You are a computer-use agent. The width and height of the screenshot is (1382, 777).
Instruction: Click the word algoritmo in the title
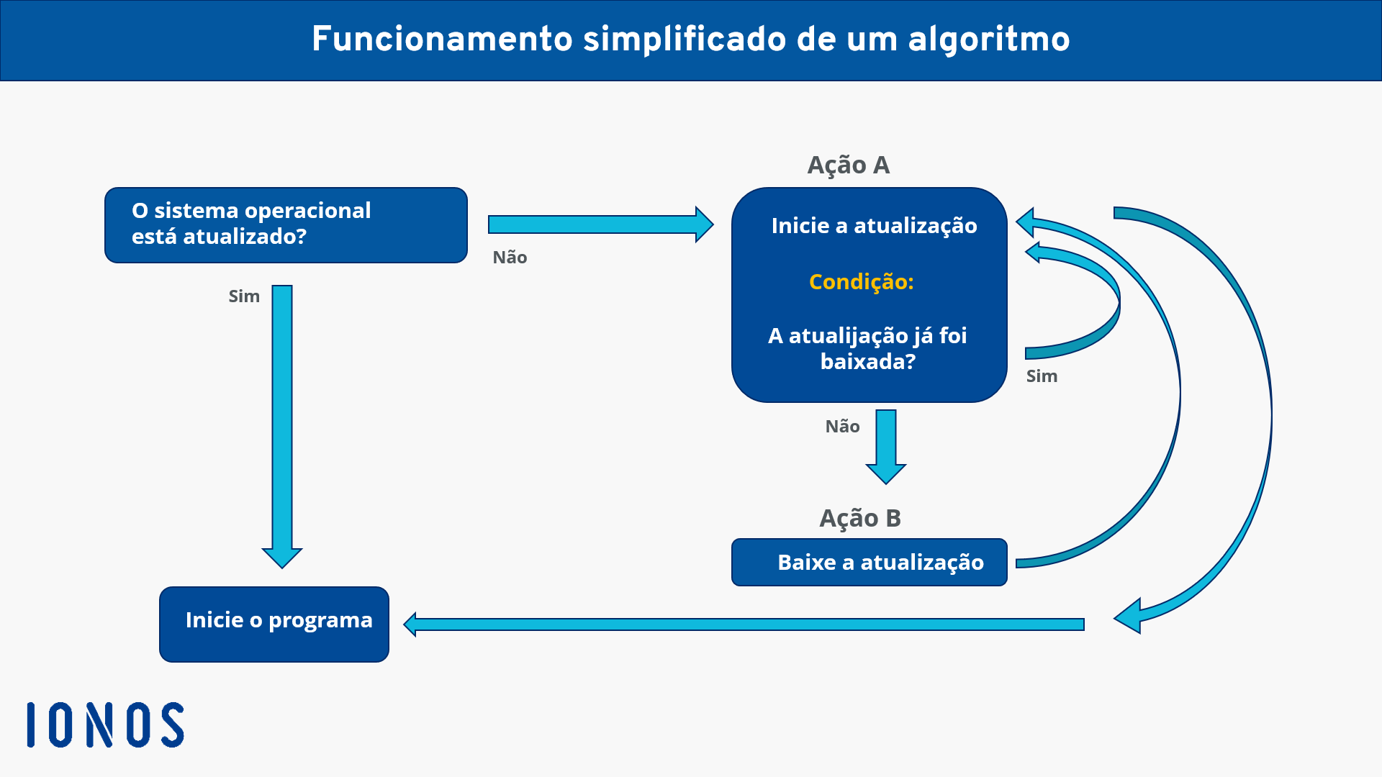pos(989,40)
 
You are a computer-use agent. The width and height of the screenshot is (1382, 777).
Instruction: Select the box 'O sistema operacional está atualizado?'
pos(286,225)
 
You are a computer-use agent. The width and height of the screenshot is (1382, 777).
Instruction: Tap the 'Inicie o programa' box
pos(274,624)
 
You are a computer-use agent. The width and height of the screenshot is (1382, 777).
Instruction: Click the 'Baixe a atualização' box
pos(869,562)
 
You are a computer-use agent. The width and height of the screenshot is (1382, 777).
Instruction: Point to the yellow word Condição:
pos(861,281)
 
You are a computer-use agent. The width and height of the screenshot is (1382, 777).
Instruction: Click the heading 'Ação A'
pos(848,165)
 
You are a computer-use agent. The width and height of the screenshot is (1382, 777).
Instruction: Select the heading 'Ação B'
pos(859,518)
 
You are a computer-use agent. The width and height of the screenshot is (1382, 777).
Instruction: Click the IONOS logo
pos(106,724)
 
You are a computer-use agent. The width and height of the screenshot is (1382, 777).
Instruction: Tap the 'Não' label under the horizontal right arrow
pos(510,258)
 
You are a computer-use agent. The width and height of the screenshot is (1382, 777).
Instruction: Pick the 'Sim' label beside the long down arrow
pos(244,296)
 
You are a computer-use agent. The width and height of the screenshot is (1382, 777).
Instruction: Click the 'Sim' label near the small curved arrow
pos(1042,376)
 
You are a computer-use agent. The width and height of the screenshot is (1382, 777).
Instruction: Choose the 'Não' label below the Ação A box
pos(842,427)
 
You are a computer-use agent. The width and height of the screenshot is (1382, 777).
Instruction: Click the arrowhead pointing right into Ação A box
pos(703,224)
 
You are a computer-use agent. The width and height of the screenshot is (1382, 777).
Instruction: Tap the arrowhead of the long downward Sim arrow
pos(282,558)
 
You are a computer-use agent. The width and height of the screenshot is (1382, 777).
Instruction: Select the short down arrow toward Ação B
pos(886,446)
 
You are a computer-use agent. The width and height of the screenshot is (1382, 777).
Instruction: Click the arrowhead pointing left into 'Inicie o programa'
pos(411,624)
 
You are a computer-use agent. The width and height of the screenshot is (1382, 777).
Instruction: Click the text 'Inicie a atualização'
pos(874,226)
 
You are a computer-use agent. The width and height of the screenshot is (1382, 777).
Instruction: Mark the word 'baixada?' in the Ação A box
pos(867,361)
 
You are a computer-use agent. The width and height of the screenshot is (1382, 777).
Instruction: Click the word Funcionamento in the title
pos(441,40)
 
